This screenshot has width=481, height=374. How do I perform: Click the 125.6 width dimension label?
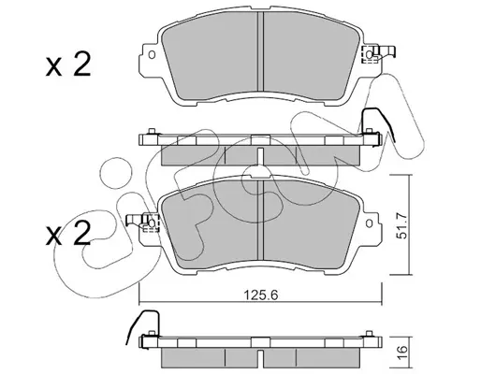[x=260, y=295]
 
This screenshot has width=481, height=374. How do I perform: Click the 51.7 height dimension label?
[x=402, y=225]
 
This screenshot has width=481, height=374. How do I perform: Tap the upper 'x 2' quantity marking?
[x=68, y=65]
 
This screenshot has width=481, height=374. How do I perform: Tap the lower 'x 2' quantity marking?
[x=68, y=234]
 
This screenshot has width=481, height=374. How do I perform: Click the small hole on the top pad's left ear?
[x=152, y=55]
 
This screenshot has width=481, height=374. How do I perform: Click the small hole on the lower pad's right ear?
[x=370, y=223]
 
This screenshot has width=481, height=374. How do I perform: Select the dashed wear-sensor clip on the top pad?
[x=370, y=55]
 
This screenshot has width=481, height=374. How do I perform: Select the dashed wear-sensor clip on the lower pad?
[x=151, y=223]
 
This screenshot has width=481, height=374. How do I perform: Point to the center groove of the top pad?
[x=260, y=51]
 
